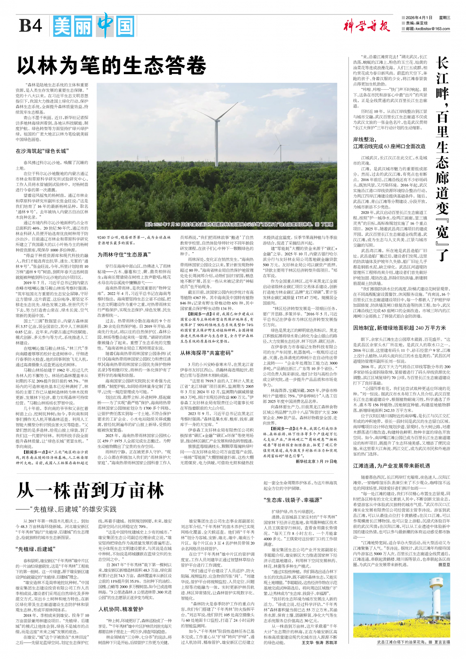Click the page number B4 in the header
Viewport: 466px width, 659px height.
coord(30,26)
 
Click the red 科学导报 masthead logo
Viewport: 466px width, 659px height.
coord(366,26)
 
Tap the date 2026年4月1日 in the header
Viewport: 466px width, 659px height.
coord(419,18)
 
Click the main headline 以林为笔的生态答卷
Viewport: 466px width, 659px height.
coord(112,65)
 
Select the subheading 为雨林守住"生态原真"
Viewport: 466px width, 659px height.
coord(123,254)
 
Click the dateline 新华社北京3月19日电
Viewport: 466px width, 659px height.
coord(316,461)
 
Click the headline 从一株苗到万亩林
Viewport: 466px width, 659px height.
coord(90,491)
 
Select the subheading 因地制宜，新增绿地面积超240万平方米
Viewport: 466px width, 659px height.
coord(400,328)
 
